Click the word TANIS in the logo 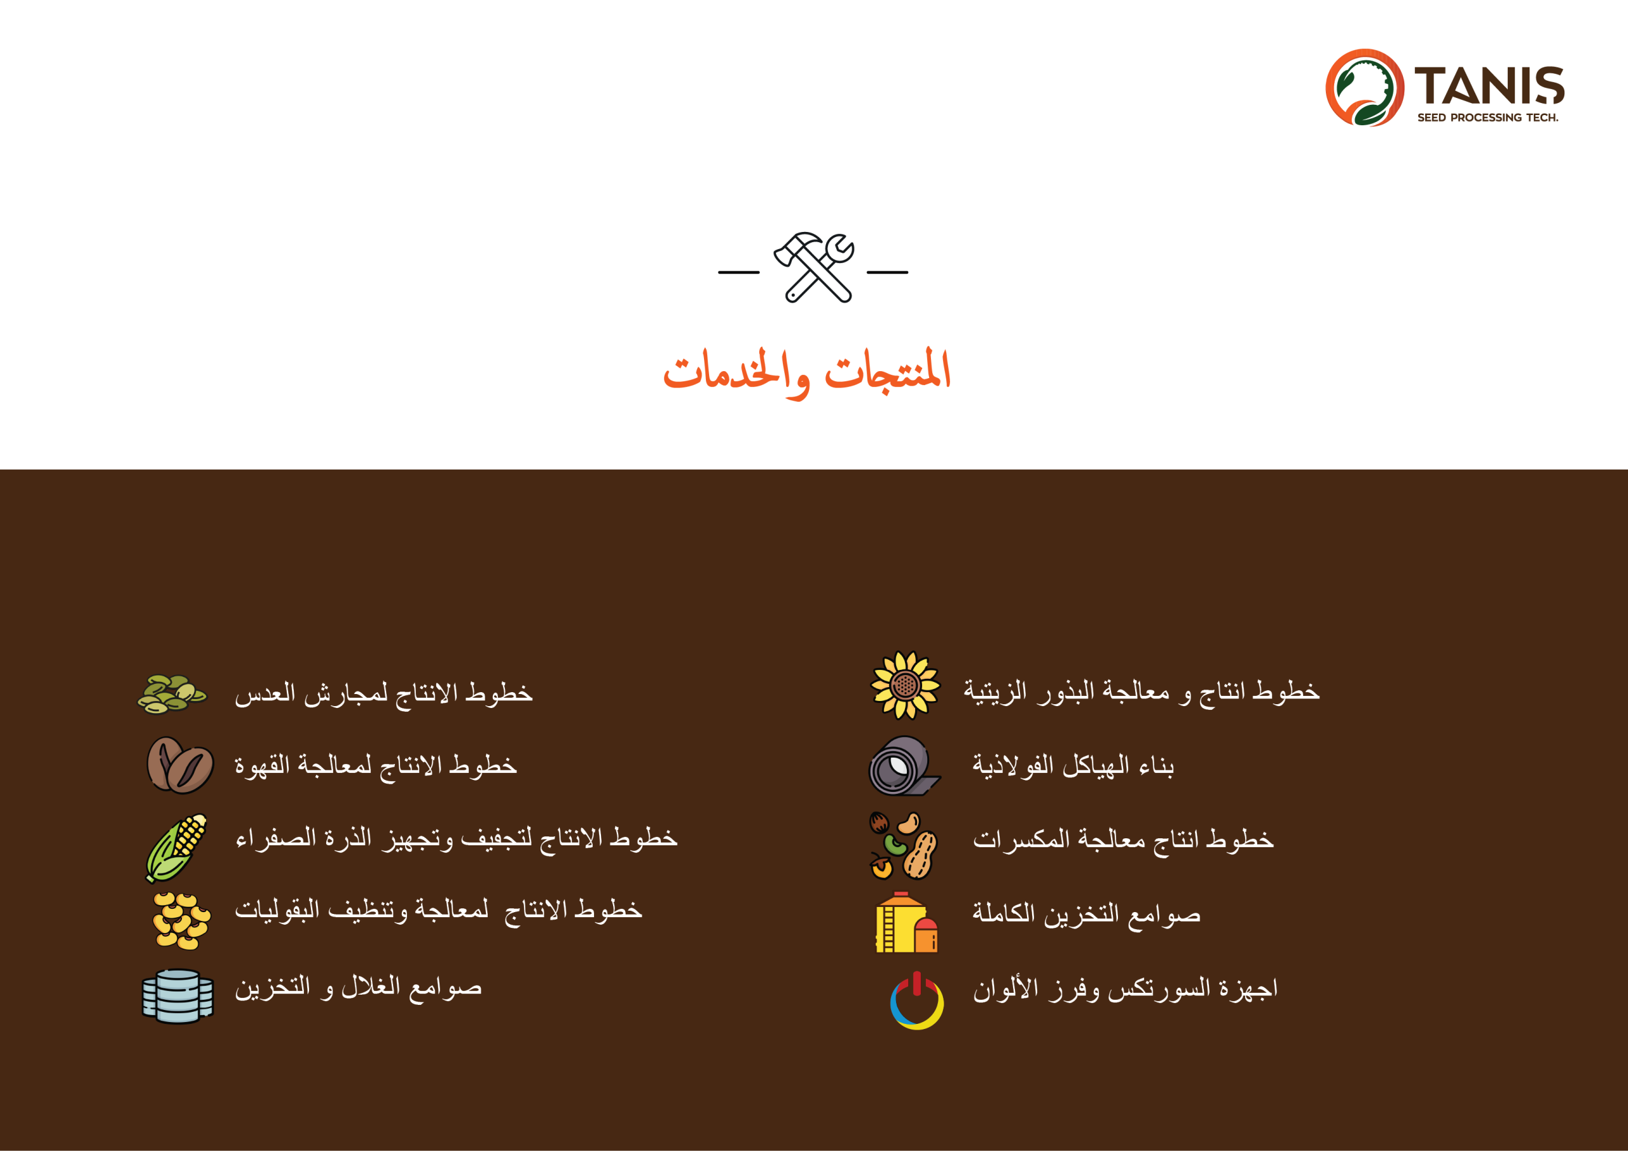tap(1489, 86)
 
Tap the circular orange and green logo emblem tap(1364, 87)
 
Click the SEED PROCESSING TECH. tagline tap(1487, 118)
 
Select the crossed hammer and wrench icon tap(814, 267)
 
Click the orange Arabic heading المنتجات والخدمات tap(807, 372)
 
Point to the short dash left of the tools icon tap(739, 272)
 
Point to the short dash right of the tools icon tap(887, 272)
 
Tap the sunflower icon tap(906, 685)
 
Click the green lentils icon tap(172, 694)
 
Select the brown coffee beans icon tap(180, 765)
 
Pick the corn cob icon tap(176, 848)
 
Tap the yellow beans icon tap(181, 921)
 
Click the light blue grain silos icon tap(177, 997)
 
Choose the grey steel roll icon tap(905, 765)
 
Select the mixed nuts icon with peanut tap(903, 845)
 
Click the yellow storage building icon tap(907, 922)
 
